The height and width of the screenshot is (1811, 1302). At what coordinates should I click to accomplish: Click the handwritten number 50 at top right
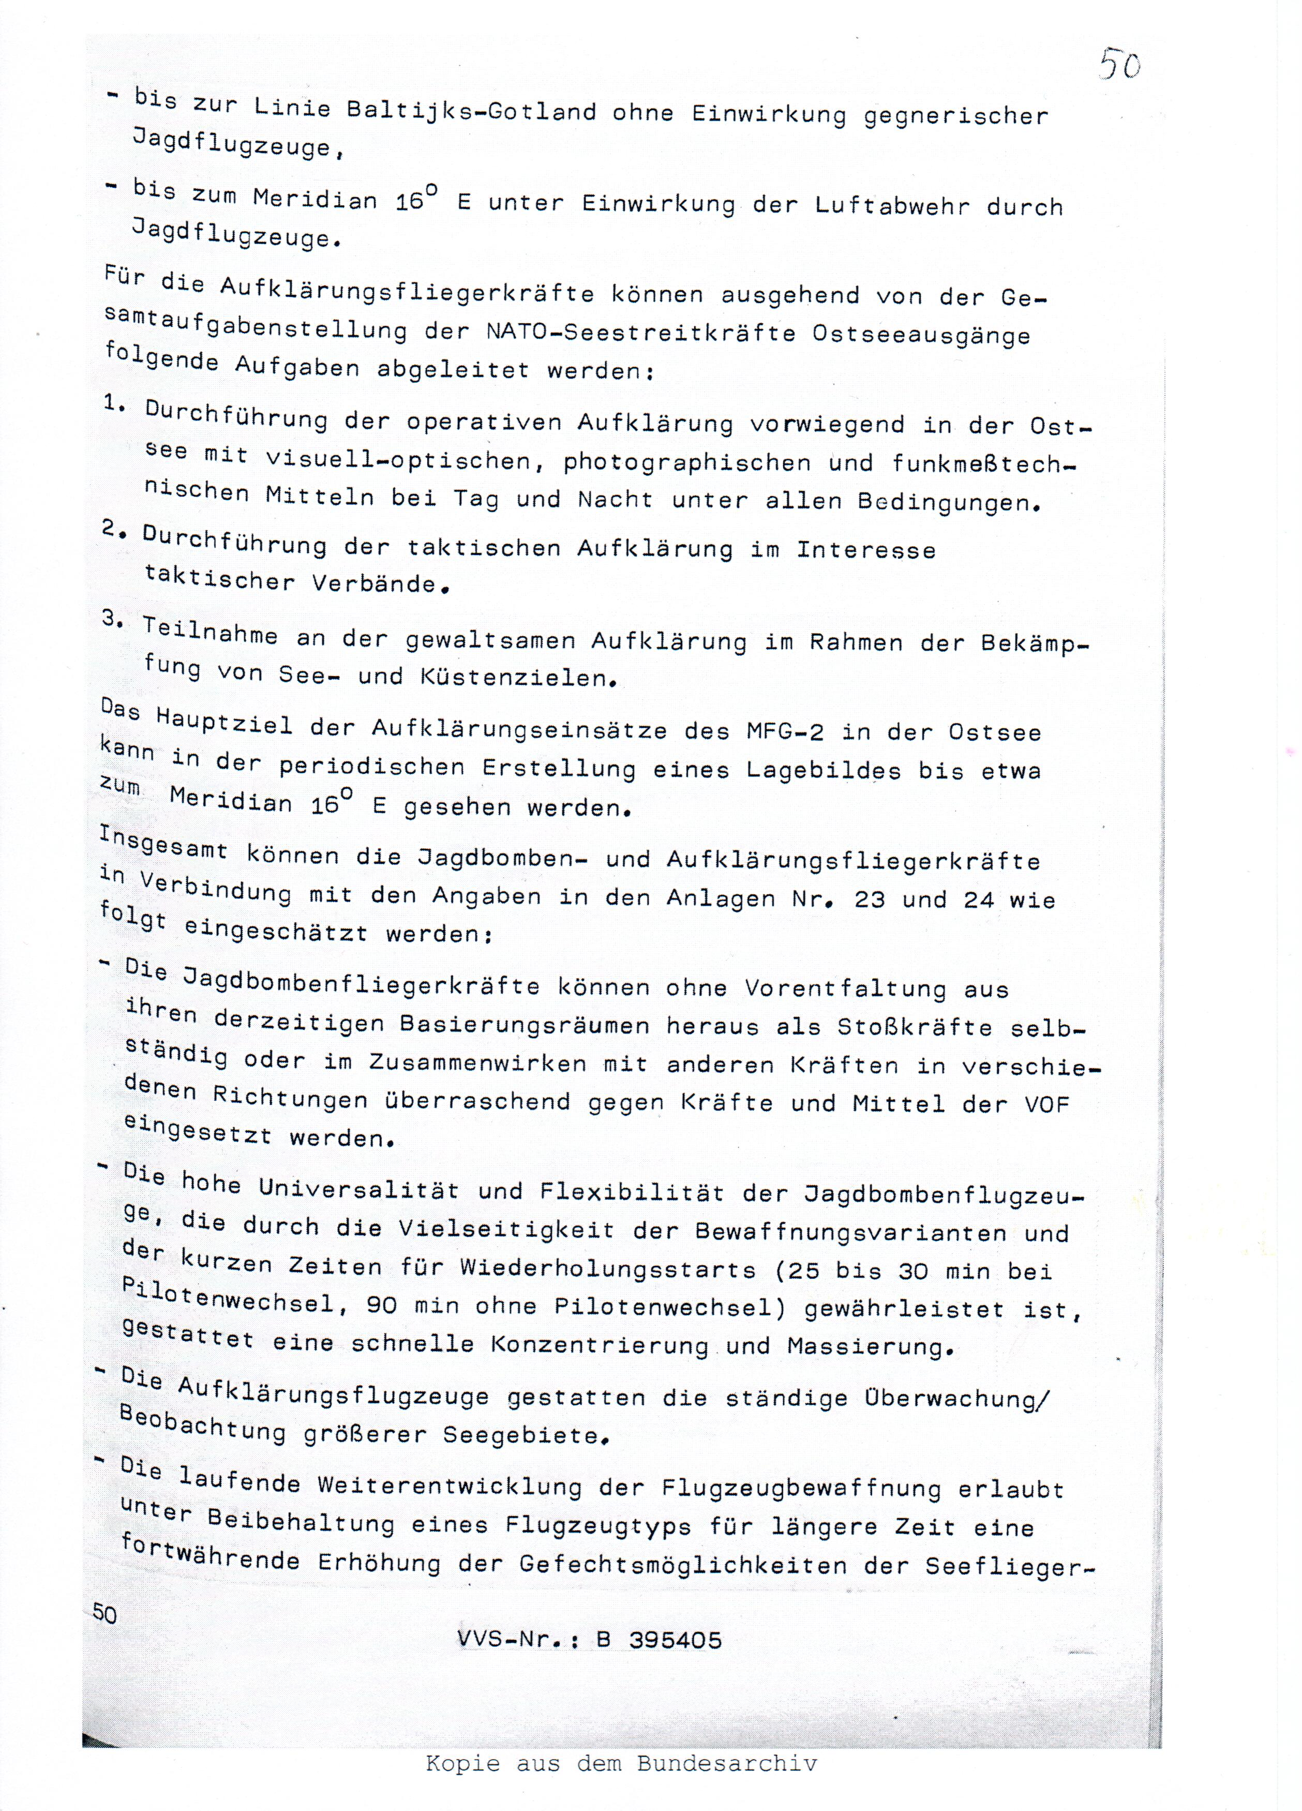pyautogui.click(x=1119, y=63)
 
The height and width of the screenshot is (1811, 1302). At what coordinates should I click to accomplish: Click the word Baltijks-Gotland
pyautogui.click(x=471, y=109)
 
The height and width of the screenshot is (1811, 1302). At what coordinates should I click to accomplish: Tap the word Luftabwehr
pyautogui.click(x=892, y=205)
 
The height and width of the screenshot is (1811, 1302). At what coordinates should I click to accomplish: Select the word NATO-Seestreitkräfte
pyautogui.click(x=641, y=332)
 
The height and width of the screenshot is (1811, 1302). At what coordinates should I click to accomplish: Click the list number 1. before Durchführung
pyautogui.click(x=114, y=404)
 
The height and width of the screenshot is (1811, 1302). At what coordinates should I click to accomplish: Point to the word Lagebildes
pyautogui.click(x=822, y=770)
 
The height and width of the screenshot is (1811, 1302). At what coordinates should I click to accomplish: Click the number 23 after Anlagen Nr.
pyautogui.click(x=870, y=899)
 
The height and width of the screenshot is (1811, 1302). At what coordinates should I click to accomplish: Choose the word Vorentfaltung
pyautogui.click(x=845, y=989)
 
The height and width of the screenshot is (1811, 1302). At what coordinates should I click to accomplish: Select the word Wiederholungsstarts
pyautogui.click(x=607, y=1269)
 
